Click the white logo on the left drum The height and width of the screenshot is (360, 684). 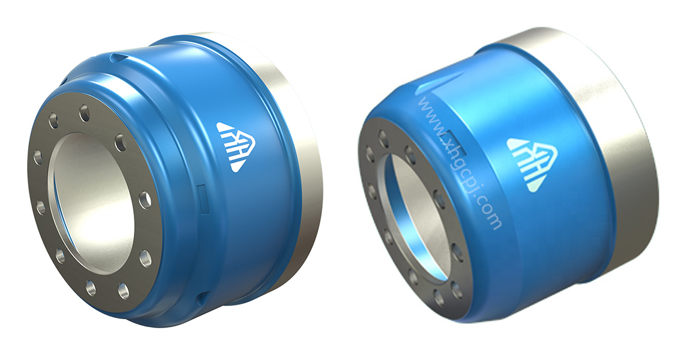(x=236, y=145)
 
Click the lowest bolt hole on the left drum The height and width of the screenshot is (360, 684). (x=123, y=291)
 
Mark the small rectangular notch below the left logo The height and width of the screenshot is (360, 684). (x=202, y=193)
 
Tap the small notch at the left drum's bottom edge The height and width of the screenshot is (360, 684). (x=203, y=296)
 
